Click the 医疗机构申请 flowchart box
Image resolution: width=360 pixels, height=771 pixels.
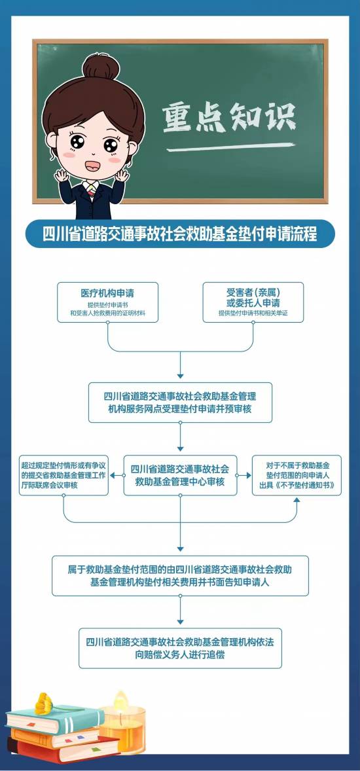click(x=108, y=302)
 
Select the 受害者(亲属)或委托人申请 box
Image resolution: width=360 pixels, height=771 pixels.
click(x=253, y=302)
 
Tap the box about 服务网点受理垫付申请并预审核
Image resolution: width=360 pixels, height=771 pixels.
click(x=180, y=403)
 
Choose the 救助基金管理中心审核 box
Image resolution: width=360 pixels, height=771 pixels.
click(x=180, y=475)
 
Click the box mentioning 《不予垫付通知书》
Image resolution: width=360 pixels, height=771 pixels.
click(x=297, y=475)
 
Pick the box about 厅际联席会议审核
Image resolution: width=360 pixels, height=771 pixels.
click(x=63, y=475)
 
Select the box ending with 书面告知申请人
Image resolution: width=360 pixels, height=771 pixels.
click(x=180, y=576)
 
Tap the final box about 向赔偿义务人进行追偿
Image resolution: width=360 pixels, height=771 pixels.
click(x=180, y=648)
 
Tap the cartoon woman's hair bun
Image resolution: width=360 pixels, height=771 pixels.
click(x=101, y=66)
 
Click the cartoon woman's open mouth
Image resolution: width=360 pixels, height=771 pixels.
click(x=92, y=166)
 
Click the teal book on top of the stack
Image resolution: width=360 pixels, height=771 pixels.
click(x=55, y=719)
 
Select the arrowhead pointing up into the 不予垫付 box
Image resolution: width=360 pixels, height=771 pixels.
click(x=297, y=499)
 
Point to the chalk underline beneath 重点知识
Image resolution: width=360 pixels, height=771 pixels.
click(x=230, y=147)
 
